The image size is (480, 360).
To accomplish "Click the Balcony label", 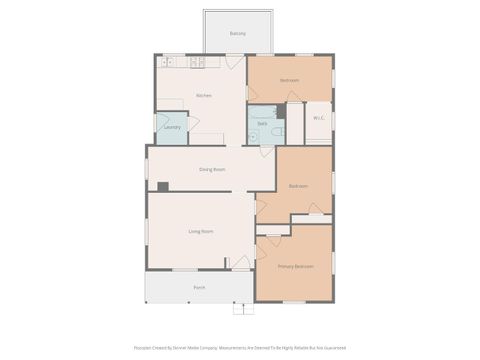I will pos(237,33).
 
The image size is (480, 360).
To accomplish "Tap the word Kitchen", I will pos(204,95).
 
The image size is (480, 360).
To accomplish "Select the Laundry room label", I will pos(171,127).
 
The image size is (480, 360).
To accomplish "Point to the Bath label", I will pos(262,123).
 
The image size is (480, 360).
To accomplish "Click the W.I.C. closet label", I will pos(318,118).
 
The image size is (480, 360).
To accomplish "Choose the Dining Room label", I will pos(212,169).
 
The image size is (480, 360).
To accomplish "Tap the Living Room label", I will pos(201,231).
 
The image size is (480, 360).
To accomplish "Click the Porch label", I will pos(200,287).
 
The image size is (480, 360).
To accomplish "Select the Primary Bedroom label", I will pos(295,266).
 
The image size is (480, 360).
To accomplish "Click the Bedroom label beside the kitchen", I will pos(290,79).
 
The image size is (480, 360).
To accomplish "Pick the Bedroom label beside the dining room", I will pos(298,186).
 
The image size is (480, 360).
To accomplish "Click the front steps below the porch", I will pos(239,310).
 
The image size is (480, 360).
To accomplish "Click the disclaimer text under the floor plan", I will pos(239,348).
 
